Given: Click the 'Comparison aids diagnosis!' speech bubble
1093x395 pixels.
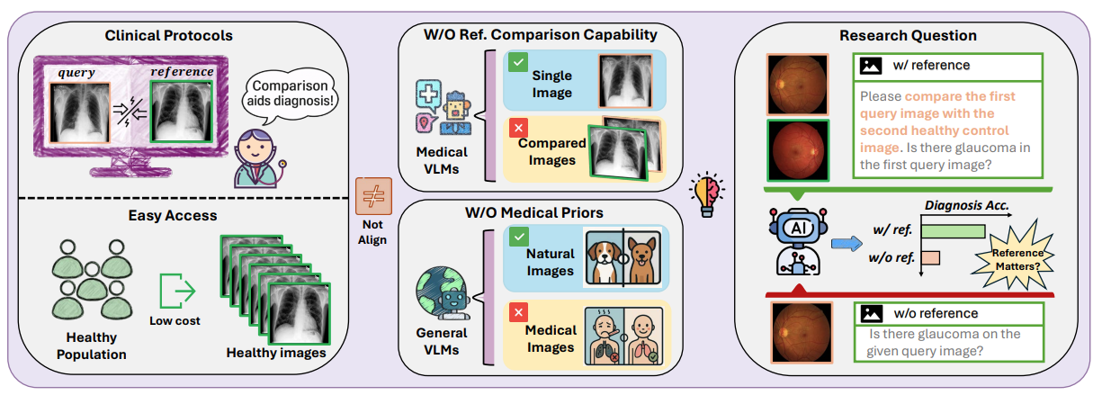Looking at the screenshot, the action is coord(290,95).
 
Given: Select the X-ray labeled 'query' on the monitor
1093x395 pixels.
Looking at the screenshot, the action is coord(79,112).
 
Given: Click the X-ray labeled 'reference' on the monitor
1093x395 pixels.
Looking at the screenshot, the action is coord(182,112).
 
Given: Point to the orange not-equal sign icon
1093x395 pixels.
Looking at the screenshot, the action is coord(373,196).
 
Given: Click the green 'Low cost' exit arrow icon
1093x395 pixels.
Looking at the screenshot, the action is coord(177,291).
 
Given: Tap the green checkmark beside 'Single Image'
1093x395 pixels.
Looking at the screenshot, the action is coord(517,62).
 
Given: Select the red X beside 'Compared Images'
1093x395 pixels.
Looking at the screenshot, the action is coord(518,129).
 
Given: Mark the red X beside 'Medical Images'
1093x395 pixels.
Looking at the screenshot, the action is coord(518,312).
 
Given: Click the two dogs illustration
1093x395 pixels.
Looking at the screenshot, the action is coord(623,257).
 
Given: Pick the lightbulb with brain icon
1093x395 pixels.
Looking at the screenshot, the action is coord(707,193).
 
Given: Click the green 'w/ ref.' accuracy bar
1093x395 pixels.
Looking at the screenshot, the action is coord(954,231).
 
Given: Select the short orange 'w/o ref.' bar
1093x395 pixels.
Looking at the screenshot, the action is coord(931,258).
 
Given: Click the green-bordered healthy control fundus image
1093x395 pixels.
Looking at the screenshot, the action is coord(798,150).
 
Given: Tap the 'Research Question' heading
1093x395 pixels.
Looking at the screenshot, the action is coord(908,36).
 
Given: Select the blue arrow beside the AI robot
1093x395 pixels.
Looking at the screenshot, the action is coord(847,243).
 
